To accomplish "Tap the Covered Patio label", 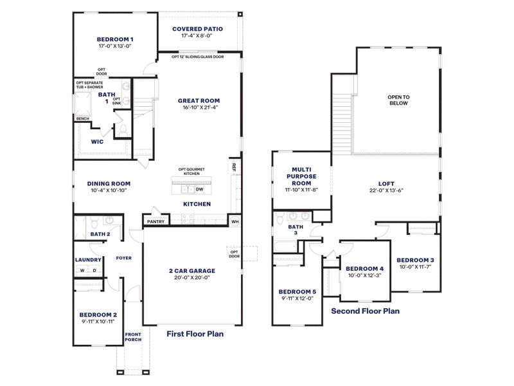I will (198, 29).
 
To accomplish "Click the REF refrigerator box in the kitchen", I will (235, 167).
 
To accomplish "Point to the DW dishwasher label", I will (199, 189).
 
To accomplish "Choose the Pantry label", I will (155, 222).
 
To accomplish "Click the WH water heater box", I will (235, 222).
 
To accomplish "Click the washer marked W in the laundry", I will (82, 270).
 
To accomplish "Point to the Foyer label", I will (123, 258).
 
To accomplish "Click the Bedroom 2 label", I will (98, 315).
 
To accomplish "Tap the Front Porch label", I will (133, 337).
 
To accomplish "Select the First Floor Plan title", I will (195, 334).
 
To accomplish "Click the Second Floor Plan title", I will (365, 311).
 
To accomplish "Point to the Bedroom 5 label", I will (296, 291).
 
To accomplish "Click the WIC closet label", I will (97, 141).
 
